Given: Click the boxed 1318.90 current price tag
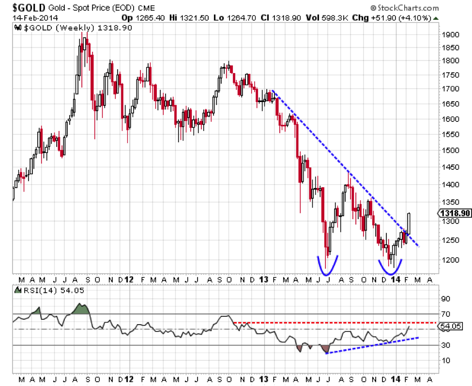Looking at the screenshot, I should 454,213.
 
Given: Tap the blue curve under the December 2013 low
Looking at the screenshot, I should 390,269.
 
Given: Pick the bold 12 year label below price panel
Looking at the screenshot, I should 128,280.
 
